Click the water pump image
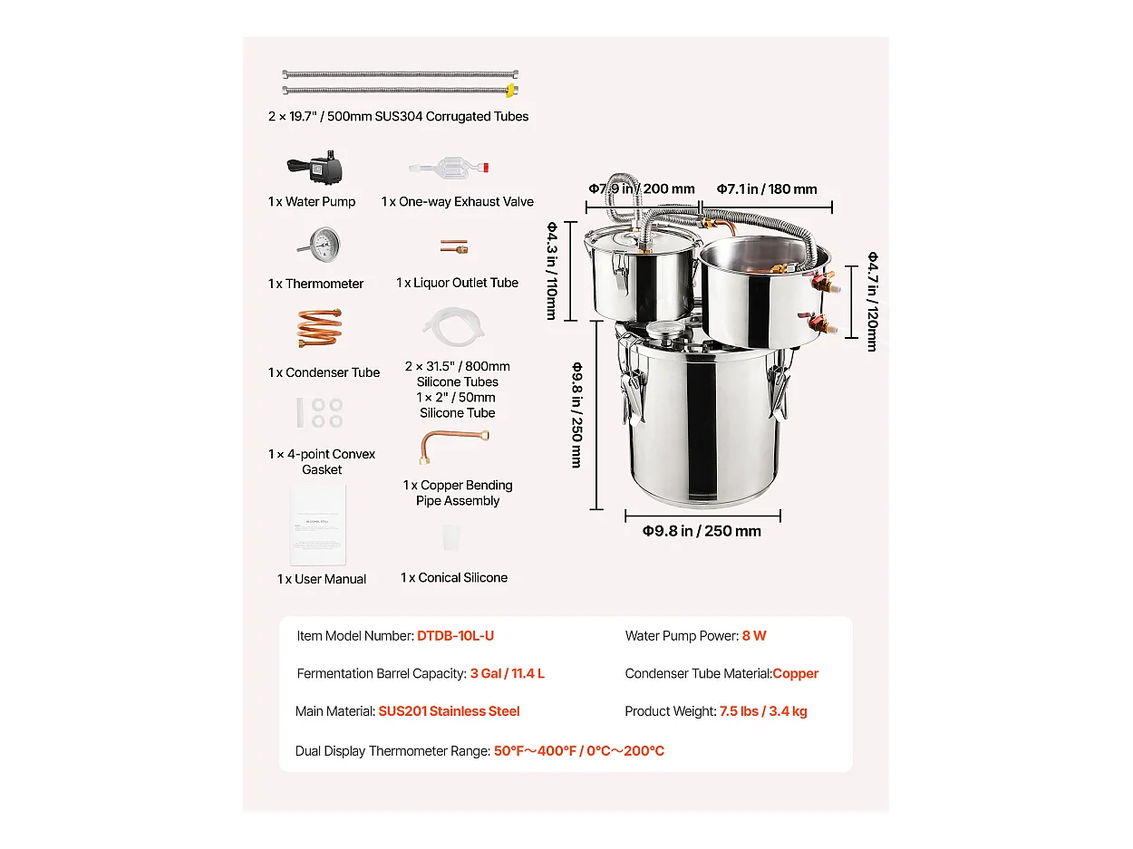(315, 167)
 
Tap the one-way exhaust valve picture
(448, 168)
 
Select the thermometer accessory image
(321, 244)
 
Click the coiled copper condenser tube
(319, 328)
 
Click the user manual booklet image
(317, 525)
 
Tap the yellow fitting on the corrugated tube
(511, 91)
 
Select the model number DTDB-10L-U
(455, 635)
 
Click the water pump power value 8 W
(753, 635)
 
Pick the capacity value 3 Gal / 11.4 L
(507, 673)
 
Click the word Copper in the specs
(795, 673)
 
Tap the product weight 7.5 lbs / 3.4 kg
(763, 710)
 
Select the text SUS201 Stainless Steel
(449, 710)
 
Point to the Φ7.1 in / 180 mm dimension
(767, 188)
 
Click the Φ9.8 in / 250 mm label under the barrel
(702, 531)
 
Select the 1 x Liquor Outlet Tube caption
(458, 283)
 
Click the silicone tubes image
(453, 326)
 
